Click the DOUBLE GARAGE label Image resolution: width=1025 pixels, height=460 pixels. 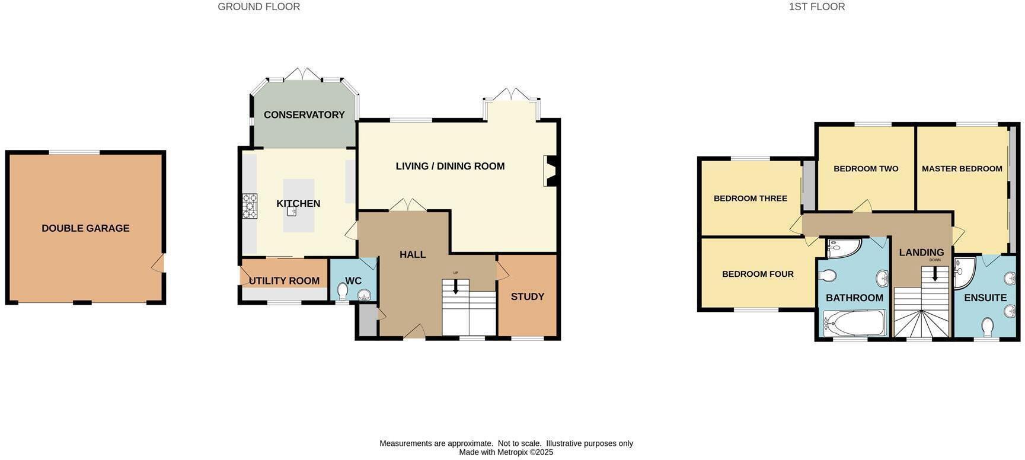pos(85,228)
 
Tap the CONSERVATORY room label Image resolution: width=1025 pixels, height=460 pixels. pos(304,115)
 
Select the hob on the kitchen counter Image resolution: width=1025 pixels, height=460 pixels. pos(250,206)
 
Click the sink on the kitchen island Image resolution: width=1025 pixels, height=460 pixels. pos(292,211)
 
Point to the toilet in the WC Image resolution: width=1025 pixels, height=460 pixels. pos(343,291)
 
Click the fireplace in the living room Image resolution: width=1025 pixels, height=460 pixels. pos(551,171)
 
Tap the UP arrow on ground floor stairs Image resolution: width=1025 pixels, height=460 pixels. pos(455,286)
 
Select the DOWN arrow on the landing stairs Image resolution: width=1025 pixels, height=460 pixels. pos(935,273)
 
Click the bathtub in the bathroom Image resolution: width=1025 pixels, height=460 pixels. pos(854,323)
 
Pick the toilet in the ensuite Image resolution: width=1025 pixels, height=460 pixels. pos(988,327)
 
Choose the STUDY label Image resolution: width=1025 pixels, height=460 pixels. pos(528,296)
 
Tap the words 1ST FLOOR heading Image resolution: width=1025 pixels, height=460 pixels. pos(817,7)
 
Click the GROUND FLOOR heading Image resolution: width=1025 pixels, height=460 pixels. pos(259,7)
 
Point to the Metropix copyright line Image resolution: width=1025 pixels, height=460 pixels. pos(506,452)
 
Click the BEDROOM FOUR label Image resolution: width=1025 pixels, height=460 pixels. pos(758,274)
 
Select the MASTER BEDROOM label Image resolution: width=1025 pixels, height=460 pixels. pos(962,168)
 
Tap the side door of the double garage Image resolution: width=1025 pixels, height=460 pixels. pos(158,263)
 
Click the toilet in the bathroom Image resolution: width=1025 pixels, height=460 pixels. pos(828,276)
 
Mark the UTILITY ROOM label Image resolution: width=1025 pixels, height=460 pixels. pos(284,281)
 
